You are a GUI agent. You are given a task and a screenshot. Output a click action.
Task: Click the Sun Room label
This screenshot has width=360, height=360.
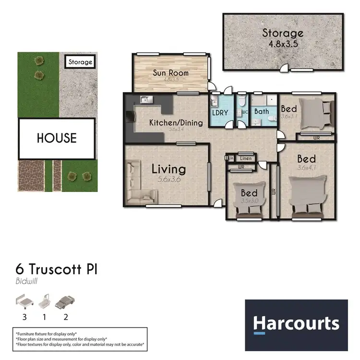[x=170, y=73]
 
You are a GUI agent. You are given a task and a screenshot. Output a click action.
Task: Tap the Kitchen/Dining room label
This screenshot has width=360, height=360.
[x=176, y=122]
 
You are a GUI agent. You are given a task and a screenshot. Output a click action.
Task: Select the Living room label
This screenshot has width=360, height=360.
[x=168, y=169]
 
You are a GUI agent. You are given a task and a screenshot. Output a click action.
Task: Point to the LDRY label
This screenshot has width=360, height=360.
[x=220, y=113]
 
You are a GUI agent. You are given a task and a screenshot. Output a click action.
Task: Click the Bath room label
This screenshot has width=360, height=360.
[x=262, y=111]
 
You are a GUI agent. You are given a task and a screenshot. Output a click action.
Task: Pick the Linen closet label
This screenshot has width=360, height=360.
[x=245, y=158]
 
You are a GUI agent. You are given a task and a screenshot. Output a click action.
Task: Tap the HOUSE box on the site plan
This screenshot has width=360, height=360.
[x=56, y=138]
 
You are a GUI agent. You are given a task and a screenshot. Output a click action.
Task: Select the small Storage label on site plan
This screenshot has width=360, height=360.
[x=80, y=62]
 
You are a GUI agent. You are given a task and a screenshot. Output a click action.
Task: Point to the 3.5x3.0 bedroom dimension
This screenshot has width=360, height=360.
[x=250, y=201]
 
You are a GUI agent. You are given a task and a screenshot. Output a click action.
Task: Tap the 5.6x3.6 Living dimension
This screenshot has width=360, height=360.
[x=168, y=180]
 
